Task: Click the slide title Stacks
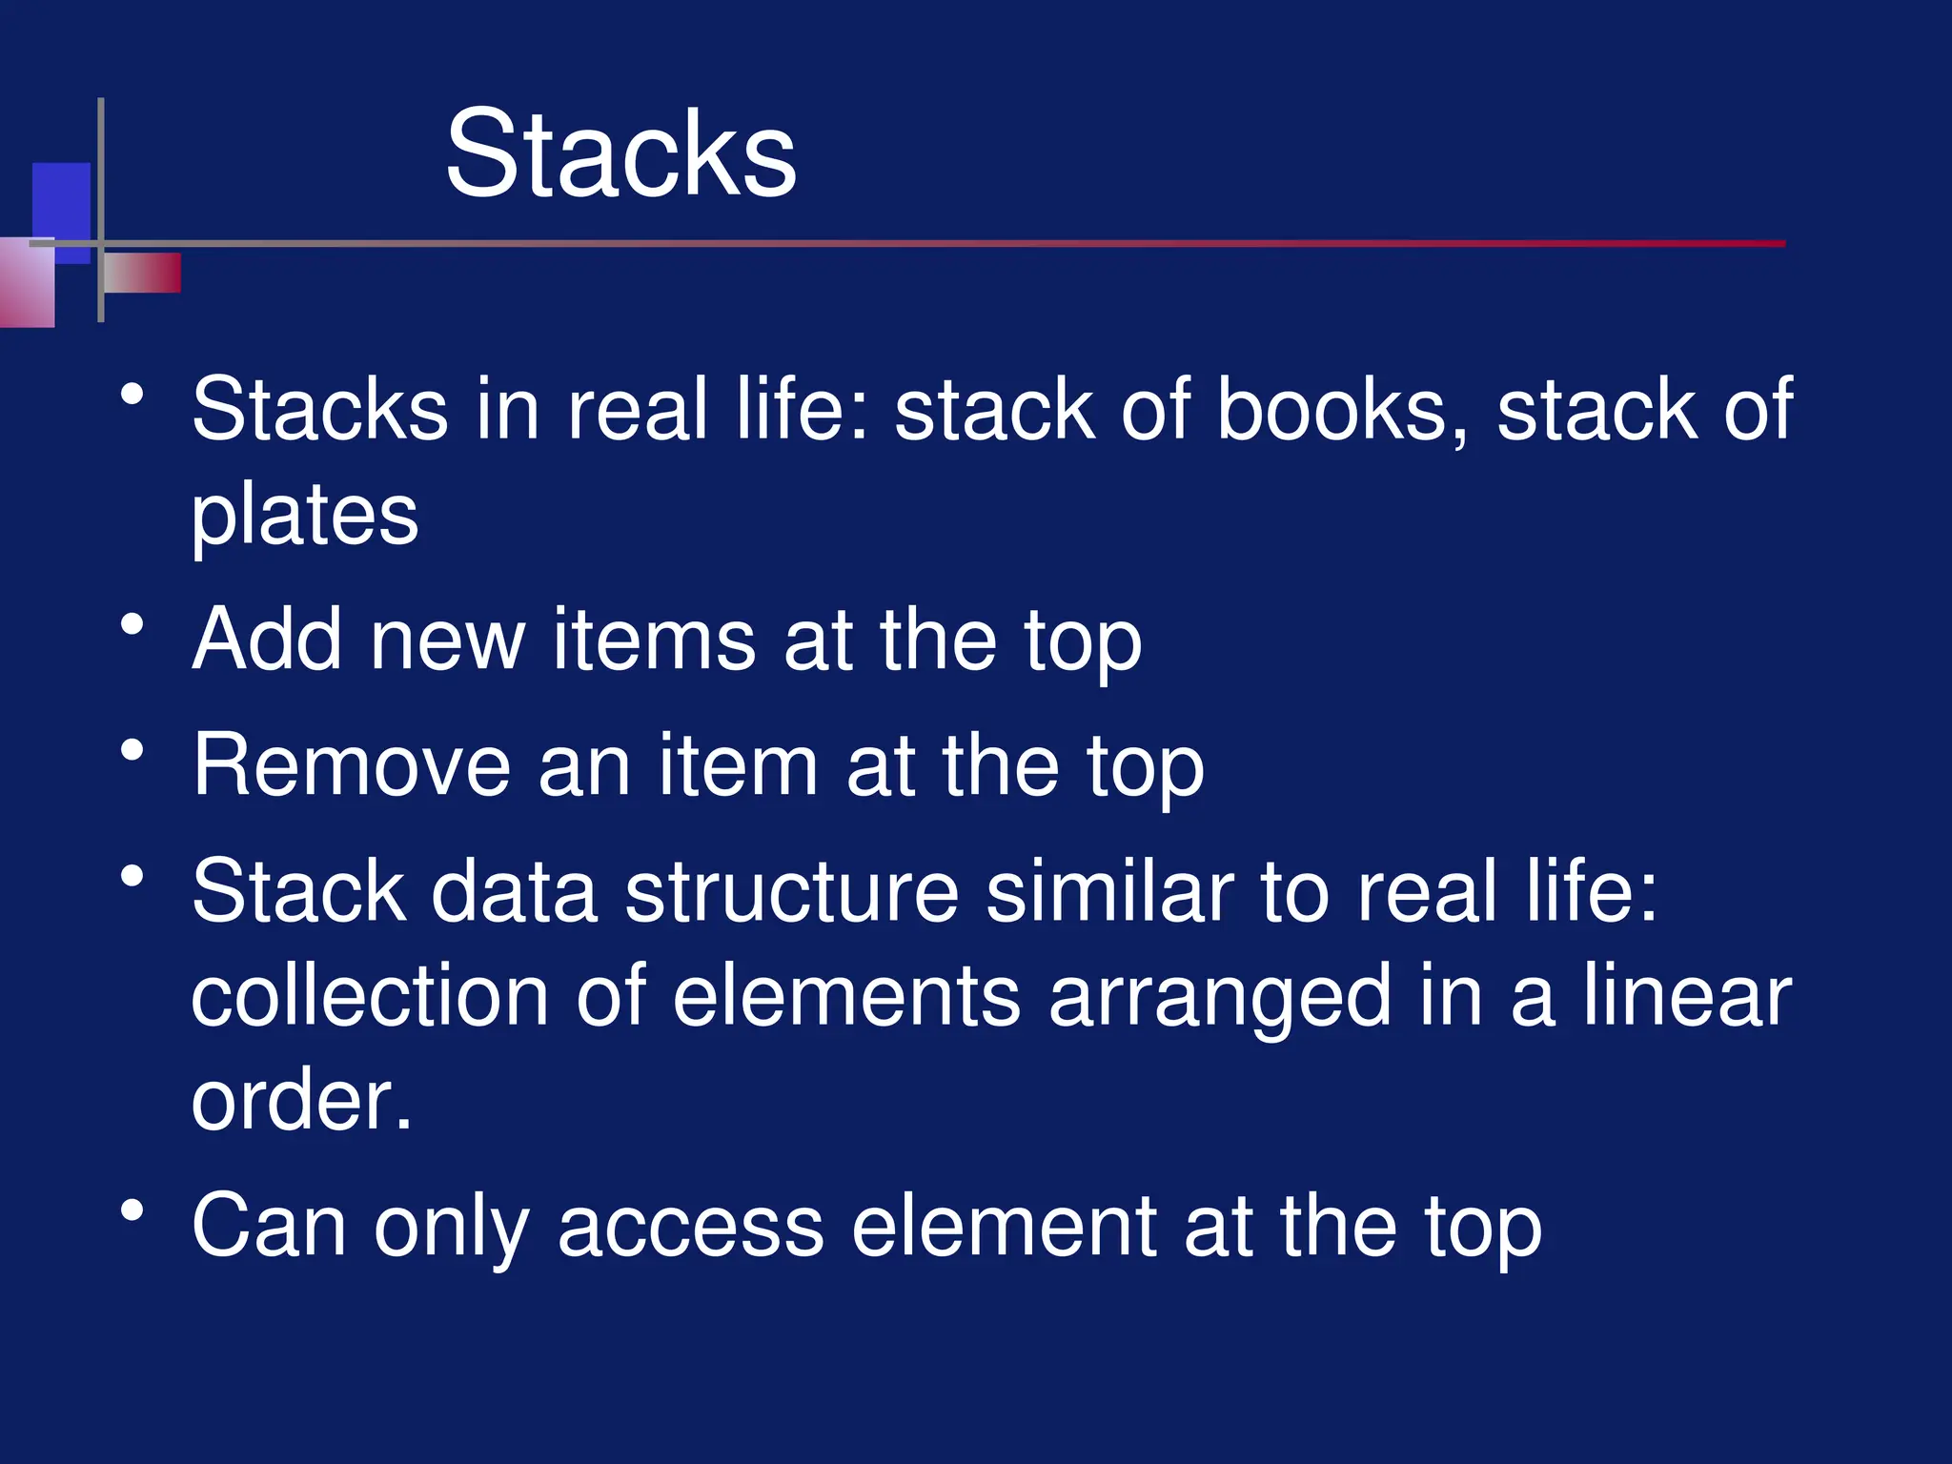pyautogui.click(x=620, y=154)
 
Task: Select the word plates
pyautogui.click(x=305, y=516)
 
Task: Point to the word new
pyautogui.click(x=447, y=641)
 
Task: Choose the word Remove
pyautogui.click(x=352, y=765)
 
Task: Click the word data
pyautogui.click(x=515, y=891)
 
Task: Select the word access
pyautogui.click(x=690, y=1227)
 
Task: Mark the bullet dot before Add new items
pyautogui.click(x=132, y=625)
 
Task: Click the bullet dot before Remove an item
pyautogui.click(x=132, y=751)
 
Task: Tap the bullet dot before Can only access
pyautogui.click(x=132, y=1211)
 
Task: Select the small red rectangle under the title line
pyautogui.click(x=143, y=273)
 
